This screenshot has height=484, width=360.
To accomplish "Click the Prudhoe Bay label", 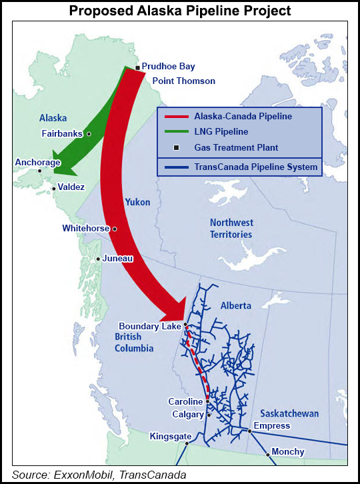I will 169,67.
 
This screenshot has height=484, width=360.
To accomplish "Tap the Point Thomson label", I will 184,81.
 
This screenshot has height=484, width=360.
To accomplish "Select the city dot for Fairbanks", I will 89,133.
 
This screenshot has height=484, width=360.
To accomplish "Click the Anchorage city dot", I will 40,171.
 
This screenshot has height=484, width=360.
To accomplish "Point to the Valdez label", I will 71,187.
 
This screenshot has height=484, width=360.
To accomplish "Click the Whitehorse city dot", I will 115,229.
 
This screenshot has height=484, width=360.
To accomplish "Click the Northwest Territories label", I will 231,228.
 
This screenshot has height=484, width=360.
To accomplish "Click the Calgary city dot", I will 209,414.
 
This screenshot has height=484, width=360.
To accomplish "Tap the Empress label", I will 272,425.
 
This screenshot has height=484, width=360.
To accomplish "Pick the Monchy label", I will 288,451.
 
